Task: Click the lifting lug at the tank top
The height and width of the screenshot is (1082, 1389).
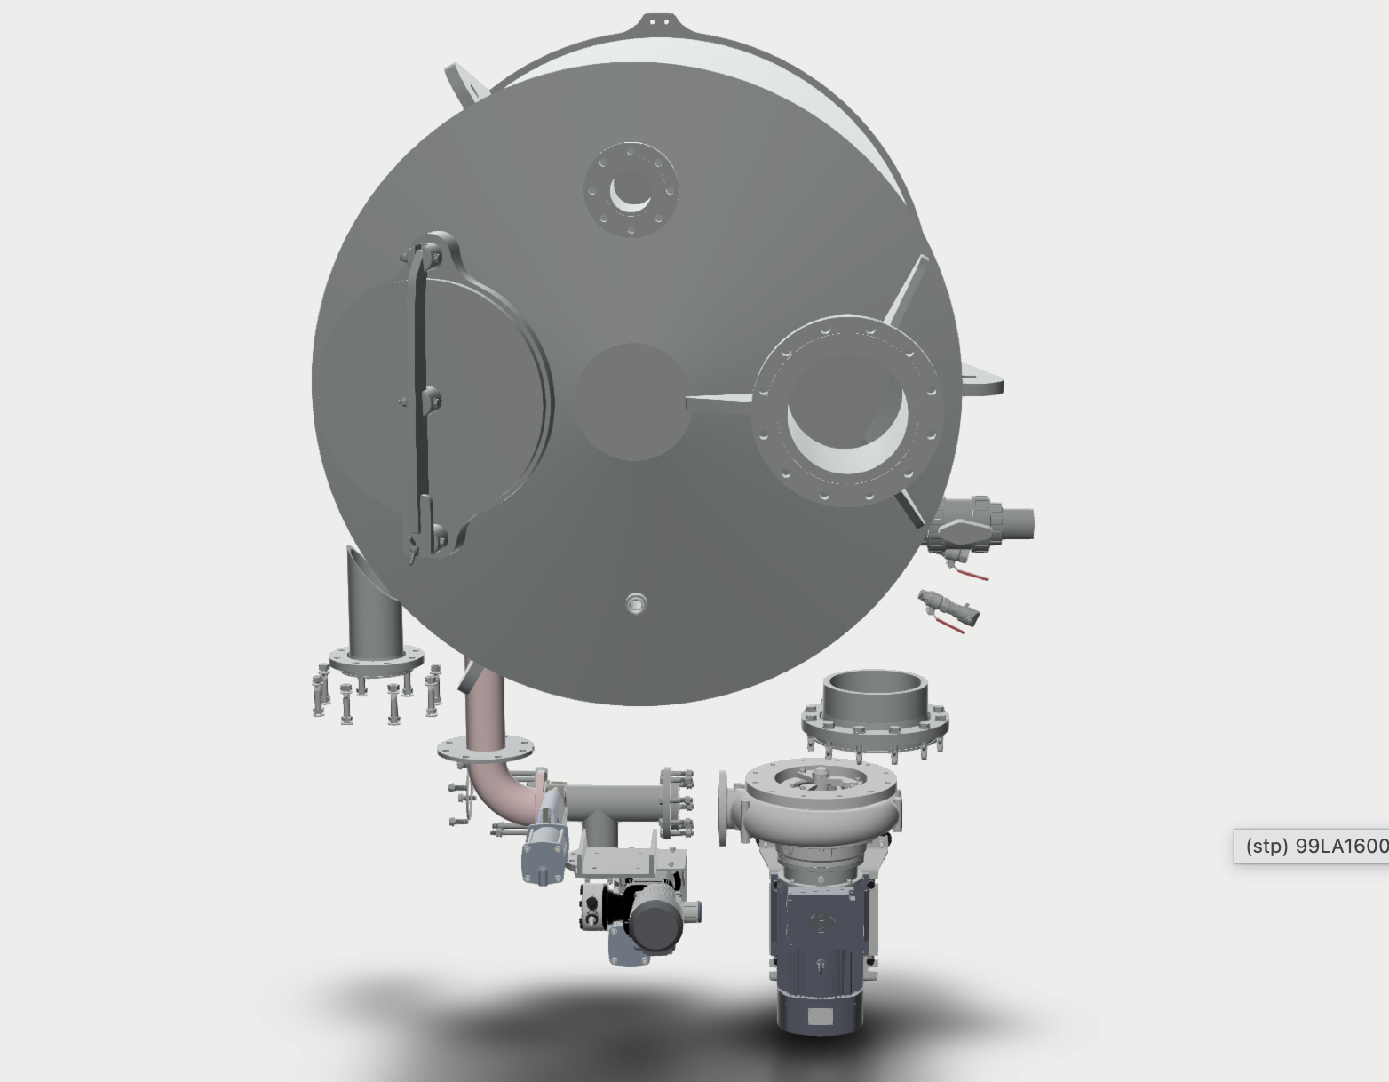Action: coord(658,23)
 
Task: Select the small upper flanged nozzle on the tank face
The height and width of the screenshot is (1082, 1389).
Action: coord(631,190)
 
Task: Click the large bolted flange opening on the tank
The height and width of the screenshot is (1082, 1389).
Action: coord(847,410)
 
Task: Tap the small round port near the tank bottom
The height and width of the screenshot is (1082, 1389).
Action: coord(636,604)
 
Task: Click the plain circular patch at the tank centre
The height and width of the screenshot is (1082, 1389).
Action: coord(633,402)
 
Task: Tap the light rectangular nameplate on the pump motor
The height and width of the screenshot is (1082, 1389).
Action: coord(821,1017)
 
